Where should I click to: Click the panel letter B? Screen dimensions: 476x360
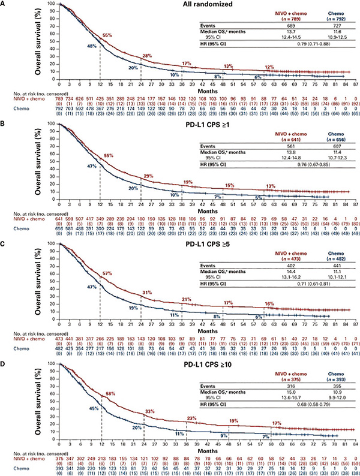pyautogui.click(x=4, y=124)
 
